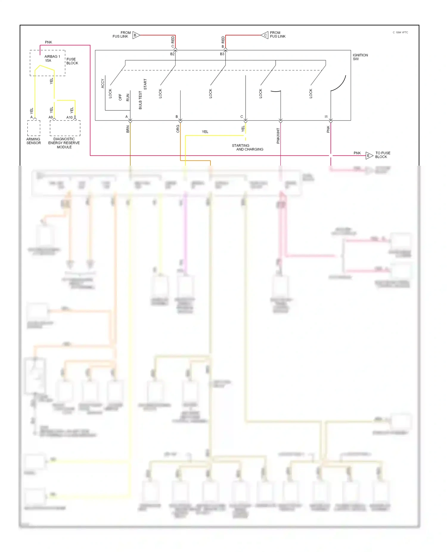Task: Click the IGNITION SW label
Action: click(x=360, y=57)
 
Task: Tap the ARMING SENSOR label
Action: click(x=33, y=141)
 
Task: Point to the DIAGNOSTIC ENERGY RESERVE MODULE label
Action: click(x=64, y=143)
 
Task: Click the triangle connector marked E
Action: click(x=369, y=155)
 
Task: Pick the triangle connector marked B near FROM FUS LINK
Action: click(x=136, y=35)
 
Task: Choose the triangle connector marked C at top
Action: click(x=265, y=35)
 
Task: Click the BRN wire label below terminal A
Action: click(x=128, y=129)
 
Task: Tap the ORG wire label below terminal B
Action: click(x=178, y=129)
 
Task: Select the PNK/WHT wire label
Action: click(x=278, y=136)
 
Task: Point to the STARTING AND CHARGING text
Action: click(x=247, y=147)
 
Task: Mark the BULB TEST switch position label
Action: click(x=140, y=100)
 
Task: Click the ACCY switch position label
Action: click(x=103, y=83)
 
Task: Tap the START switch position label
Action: click(x=145, y=84)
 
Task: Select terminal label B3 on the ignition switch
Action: click(x=222, y=54)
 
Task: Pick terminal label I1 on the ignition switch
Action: click(x=326, y=117)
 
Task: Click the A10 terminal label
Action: click(x=69, y=117)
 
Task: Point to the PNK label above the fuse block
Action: click(x=48, y=42)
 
